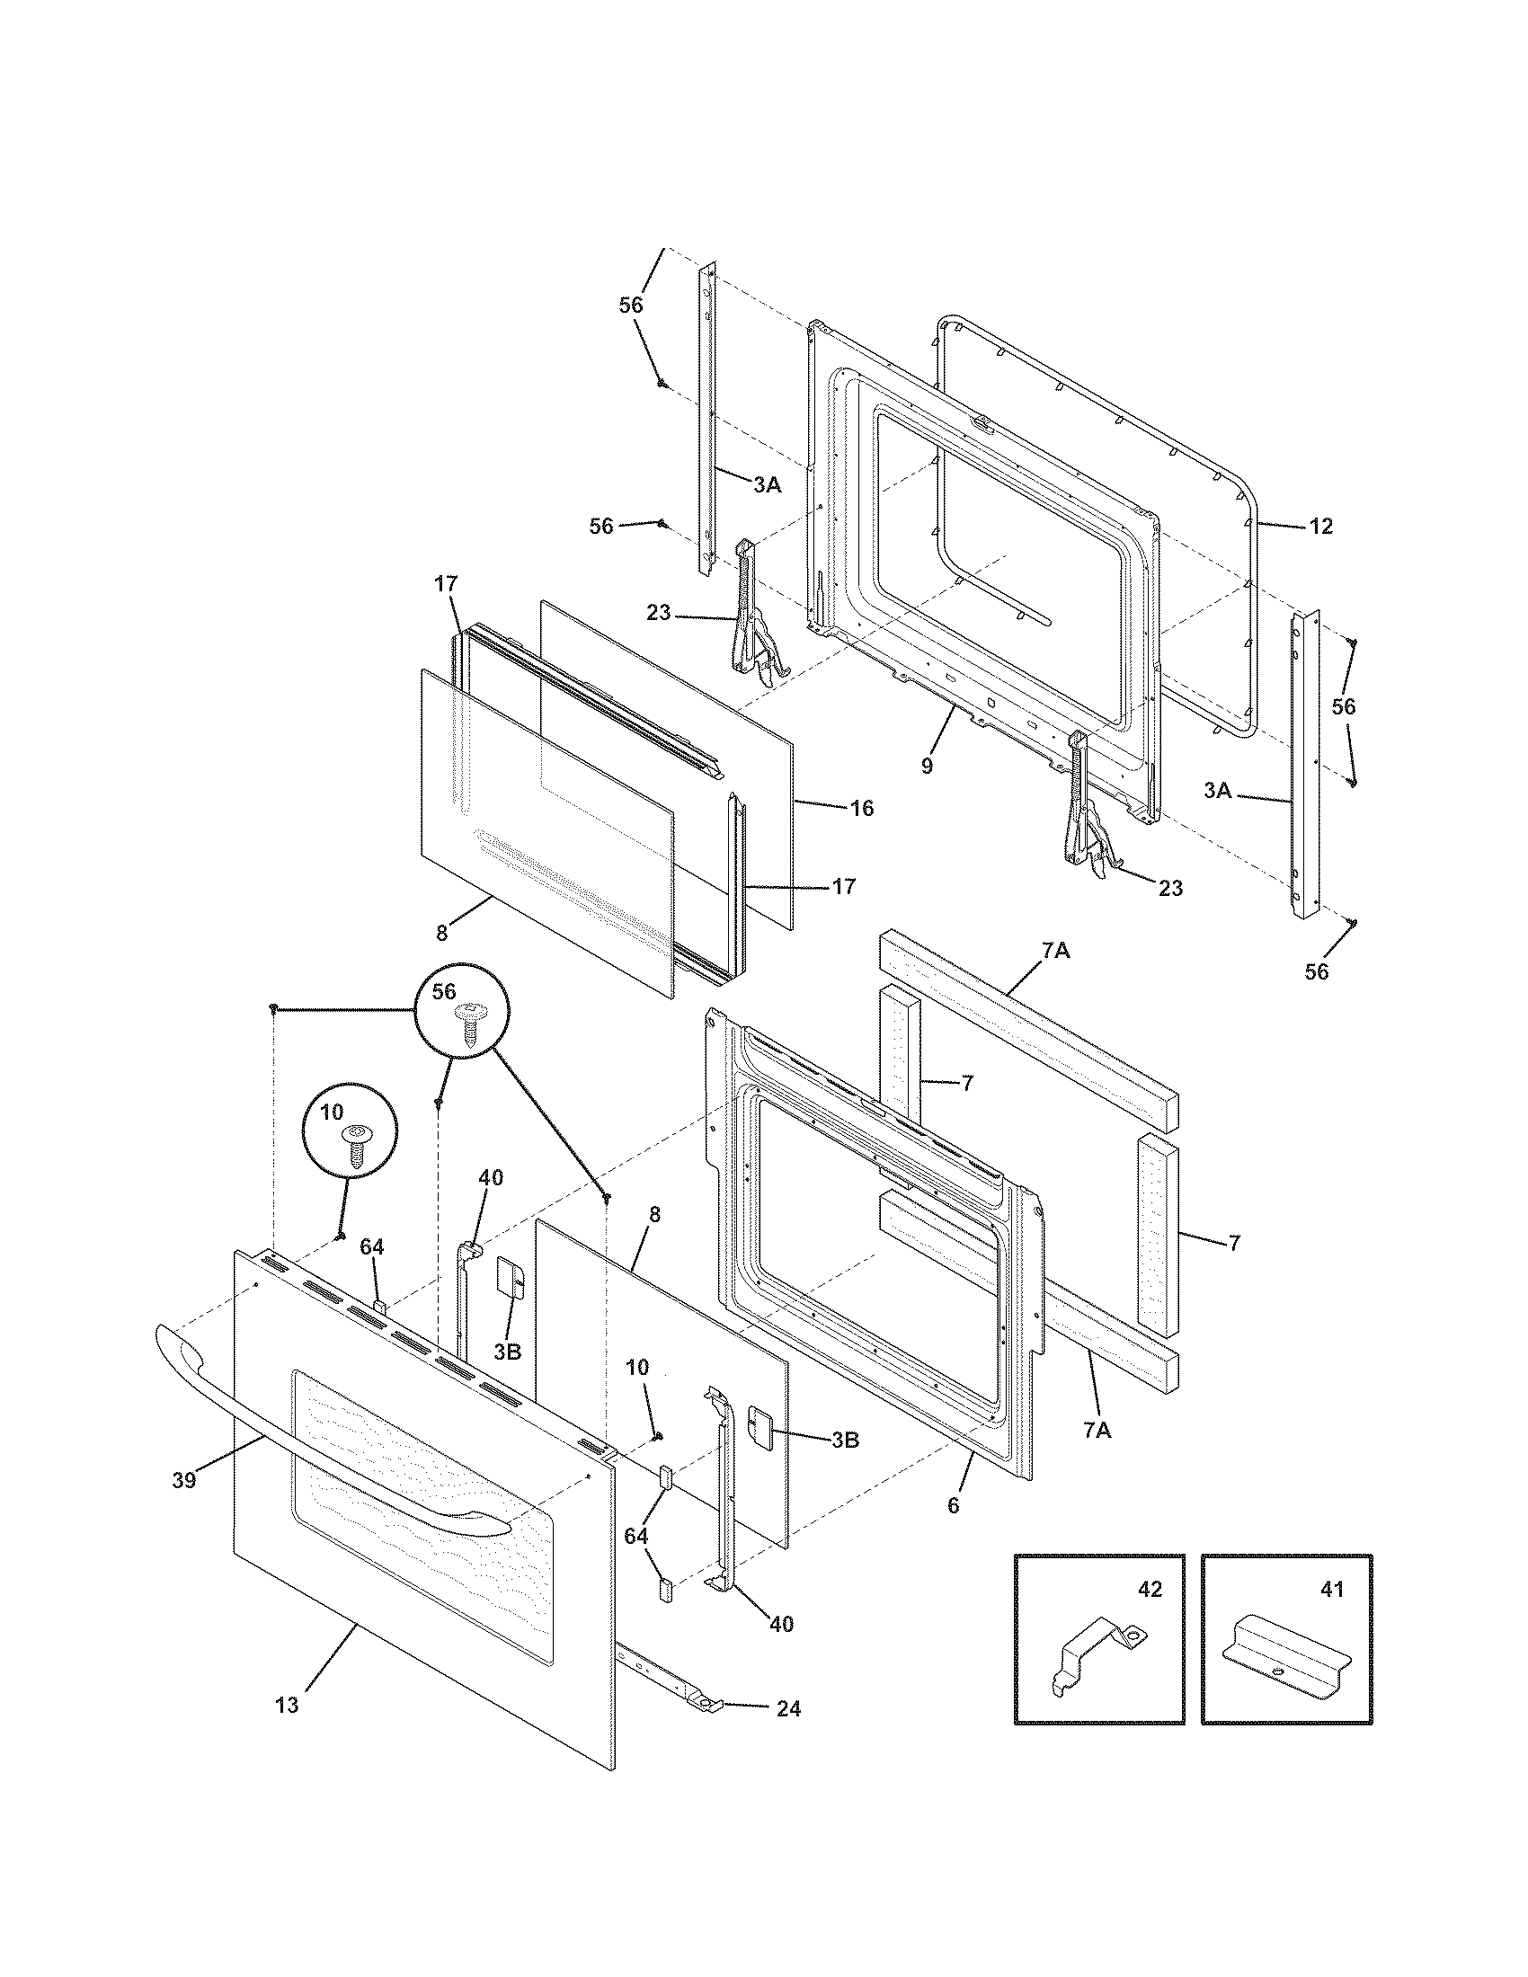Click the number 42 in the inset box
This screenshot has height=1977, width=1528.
1149,1590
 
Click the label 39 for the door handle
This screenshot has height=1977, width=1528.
183,1481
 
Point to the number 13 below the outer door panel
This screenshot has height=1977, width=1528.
286,1706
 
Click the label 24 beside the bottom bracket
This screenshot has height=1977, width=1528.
787,1709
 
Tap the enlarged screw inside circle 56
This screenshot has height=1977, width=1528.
469,1024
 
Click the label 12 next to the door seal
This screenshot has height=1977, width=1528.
1320,526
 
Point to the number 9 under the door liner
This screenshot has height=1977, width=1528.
927,766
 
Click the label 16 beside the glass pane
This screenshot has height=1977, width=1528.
862,809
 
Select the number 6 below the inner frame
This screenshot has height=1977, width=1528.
953,1505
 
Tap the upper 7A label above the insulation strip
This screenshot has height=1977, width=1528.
1055,952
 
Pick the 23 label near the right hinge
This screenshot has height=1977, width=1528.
1170,888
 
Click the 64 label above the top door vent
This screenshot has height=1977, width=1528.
372,1246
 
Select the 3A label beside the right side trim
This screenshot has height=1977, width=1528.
1218,790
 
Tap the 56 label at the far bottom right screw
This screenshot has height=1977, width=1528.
1316,971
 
